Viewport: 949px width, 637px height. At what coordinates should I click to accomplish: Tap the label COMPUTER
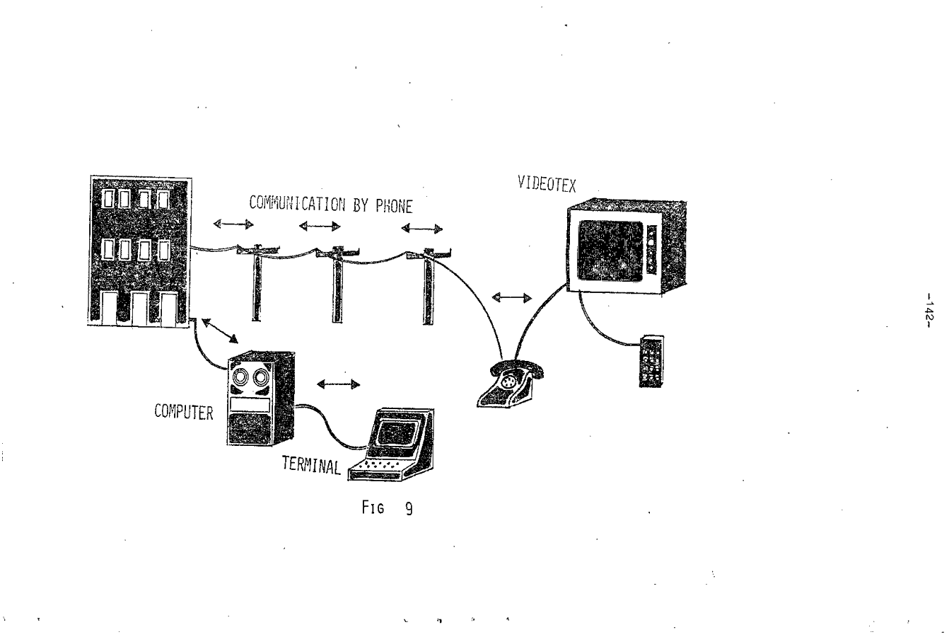(x=184, y=413)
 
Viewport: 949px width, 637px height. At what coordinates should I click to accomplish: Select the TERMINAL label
(x=311, y=465)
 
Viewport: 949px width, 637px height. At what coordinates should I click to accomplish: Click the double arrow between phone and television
(x=511, y=297)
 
